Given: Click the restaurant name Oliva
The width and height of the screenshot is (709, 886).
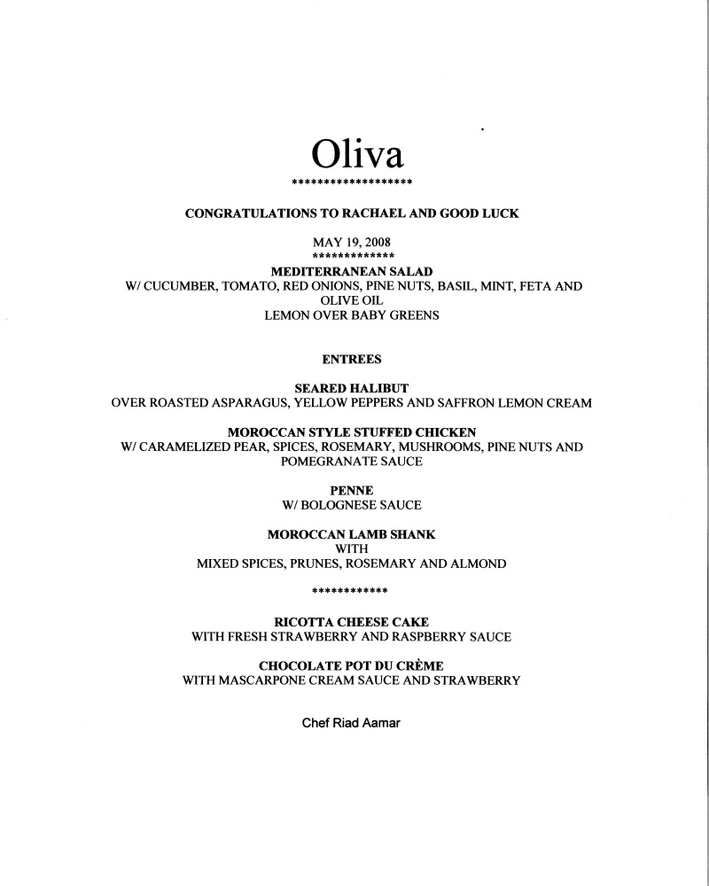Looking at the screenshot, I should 357,154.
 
